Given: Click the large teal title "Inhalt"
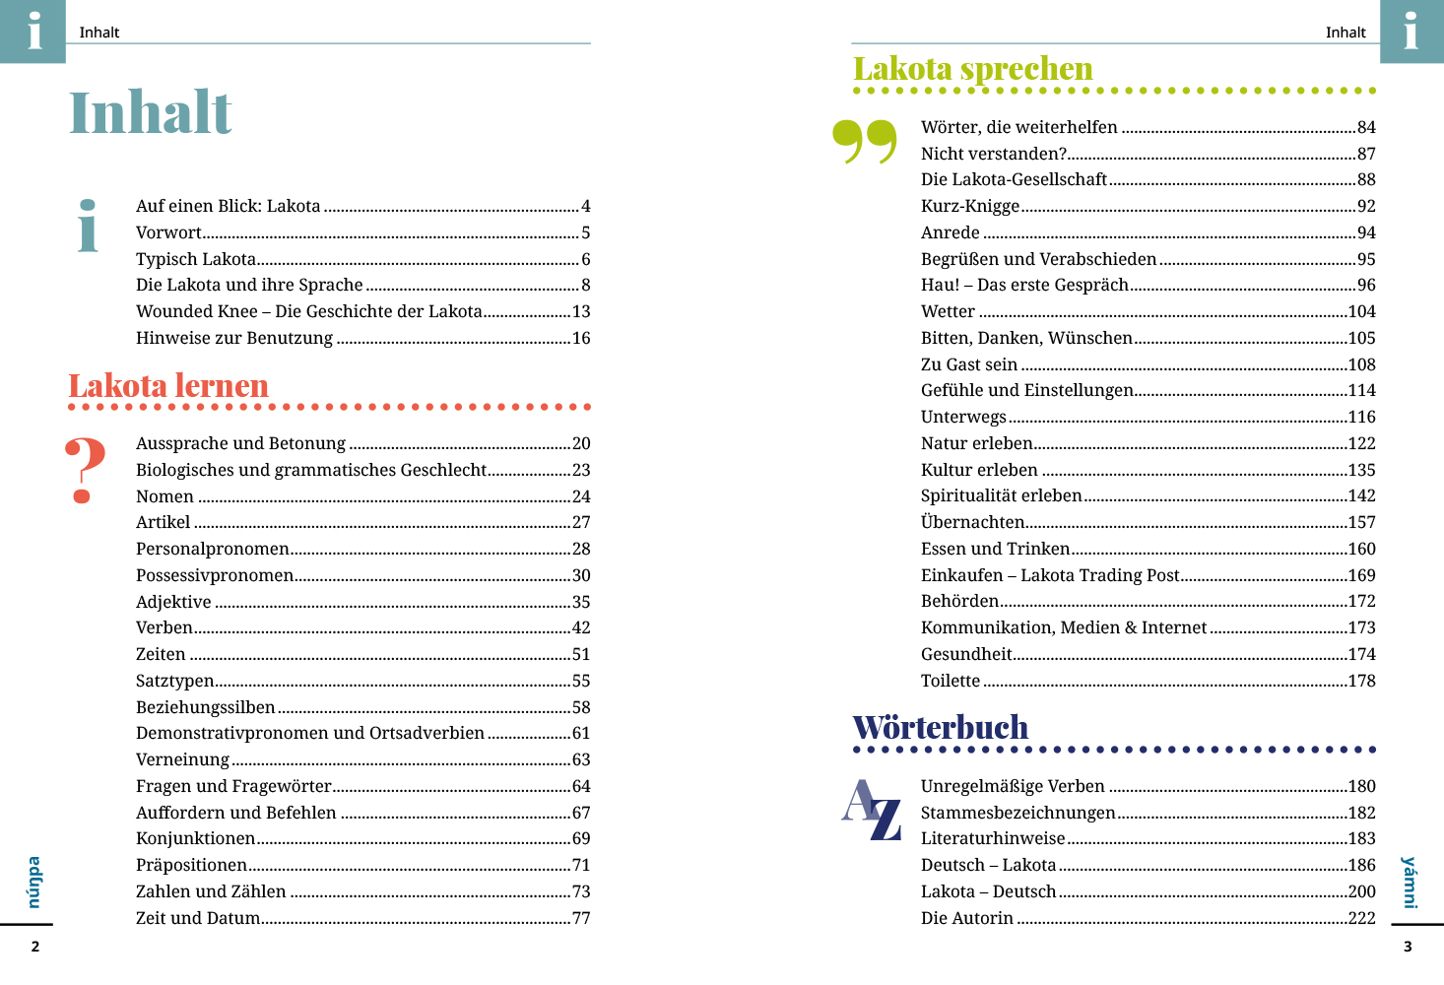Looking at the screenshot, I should (150, 112).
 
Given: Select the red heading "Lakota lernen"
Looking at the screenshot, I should (168, 386).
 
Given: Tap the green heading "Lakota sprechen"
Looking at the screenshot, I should (972, 69).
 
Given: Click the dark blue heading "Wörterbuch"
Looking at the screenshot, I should (940, 728).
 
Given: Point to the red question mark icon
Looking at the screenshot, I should (85, 471).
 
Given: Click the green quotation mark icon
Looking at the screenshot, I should (864, 142).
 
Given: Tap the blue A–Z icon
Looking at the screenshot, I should (872, 810).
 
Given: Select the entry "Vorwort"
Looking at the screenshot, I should (168, 233).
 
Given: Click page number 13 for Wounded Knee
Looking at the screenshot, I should (581, 312).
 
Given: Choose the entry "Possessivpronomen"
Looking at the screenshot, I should (215, 576).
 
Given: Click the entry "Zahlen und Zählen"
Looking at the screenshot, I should (211, 892).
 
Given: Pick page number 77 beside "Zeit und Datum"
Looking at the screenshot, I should (581, 919).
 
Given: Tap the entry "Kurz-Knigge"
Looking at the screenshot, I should (969, 207).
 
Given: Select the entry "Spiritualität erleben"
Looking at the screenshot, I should (1001, 496).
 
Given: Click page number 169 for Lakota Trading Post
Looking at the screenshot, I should (1361, 576).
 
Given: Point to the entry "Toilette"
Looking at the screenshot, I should (950, 682).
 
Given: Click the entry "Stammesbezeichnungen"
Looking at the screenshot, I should (1017, 814).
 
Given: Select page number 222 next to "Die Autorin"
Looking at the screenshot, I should (1361, 919).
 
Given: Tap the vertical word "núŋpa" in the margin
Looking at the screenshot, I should (34, 882).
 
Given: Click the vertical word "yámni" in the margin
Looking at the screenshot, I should (1409, 882).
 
